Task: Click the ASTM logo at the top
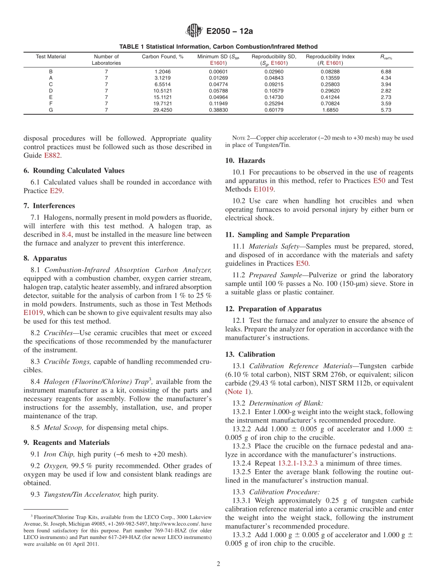(x=194, y=31)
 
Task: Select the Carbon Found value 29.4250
(x=162, y=110)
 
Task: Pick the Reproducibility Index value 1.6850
(x=330, y=110)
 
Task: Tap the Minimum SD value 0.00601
(x=218, y=72)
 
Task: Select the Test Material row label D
(x=51, y=91)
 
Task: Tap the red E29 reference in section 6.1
(x=55, y=191)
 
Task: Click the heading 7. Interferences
(x=49, y=206)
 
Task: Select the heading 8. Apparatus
(x=45, y=258)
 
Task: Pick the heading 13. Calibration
(x=250, y=354)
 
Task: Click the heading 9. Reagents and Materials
(x=67, y=443)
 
